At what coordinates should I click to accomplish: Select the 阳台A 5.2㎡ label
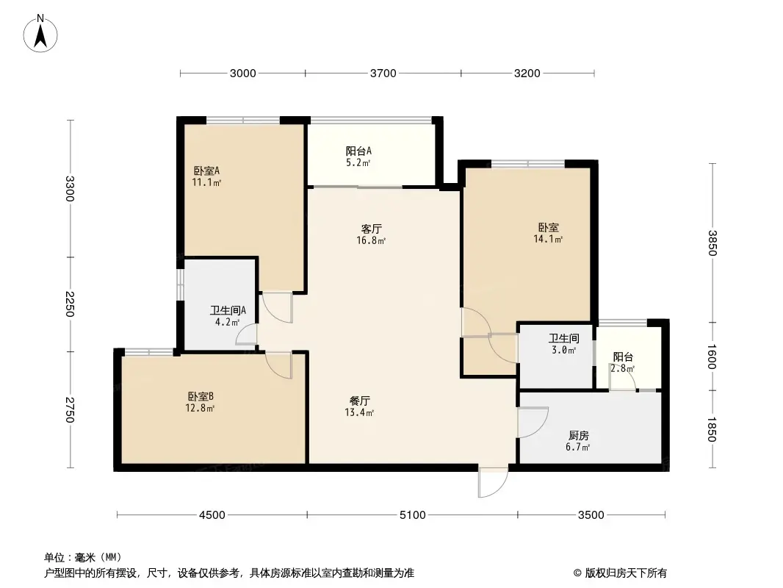click(x=358, y=157)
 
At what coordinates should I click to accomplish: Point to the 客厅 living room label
click(x=371, y=234)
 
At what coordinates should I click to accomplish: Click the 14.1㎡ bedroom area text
click(x=548, y=239)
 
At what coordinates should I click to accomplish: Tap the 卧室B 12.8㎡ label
click(x=200, y=402)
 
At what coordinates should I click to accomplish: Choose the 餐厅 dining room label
click(x=360, y=406)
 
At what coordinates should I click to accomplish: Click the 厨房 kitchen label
click(x=579, y=440)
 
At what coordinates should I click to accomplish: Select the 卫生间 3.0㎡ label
click(x=564, y=344)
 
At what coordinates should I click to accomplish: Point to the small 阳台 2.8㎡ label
click(x=623, y=362)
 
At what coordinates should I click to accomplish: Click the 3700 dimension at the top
click(x=383, y=73)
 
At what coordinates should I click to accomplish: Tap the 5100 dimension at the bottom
click(x=413, y=515)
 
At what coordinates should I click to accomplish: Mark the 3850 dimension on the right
click(x=712, y=243)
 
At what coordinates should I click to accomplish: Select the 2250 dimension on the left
click(x=71, y=304)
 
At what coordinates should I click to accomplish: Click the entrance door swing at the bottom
click(x=491, y=481)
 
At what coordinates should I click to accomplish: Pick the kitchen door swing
click(x=532, y=423)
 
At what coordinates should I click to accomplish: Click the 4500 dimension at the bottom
click(x=212, y=515)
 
